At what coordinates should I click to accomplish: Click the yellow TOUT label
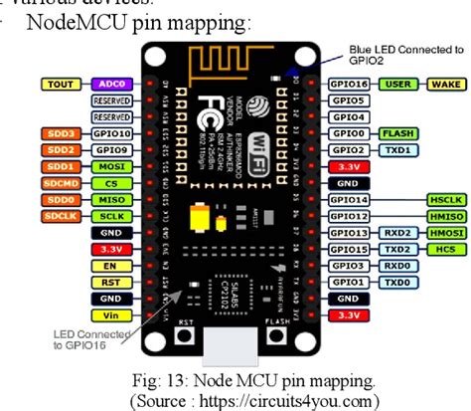[x=63, y=86]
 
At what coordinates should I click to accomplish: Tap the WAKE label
[x=440, y=86]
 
